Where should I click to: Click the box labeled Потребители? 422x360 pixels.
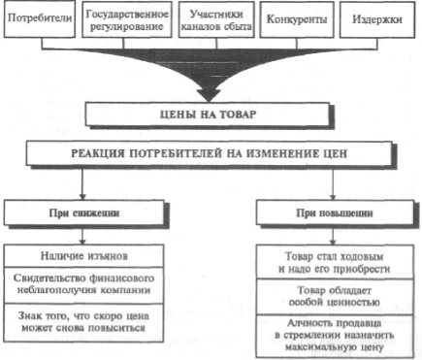40,18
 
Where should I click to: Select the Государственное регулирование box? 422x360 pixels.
127,19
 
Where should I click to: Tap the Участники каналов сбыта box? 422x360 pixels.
216,19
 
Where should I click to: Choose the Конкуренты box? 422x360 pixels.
297,19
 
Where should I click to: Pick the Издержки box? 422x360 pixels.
377,19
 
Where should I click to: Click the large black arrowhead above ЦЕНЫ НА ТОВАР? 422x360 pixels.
210,94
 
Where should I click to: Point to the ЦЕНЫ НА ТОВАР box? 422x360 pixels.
208,115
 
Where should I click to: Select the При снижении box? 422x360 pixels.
84,213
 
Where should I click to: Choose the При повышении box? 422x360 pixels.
335,213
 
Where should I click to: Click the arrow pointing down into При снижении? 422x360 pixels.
82,182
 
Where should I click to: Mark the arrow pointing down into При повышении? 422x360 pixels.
333,182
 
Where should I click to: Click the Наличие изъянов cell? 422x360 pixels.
83,256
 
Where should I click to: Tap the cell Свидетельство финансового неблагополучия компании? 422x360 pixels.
83,285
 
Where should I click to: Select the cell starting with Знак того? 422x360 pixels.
83,322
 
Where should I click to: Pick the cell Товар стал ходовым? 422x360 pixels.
335,262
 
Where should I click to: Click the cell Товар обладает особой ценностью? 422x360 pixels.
335,296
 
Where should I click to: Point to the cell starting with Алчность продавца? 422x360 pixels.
335,336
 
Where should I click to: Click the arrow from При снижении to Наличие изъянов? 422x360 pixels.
82,235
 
